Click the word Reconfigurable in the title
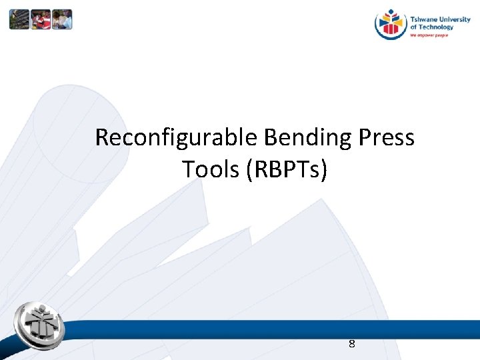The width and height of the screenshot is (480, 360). pyautogui.click(x=177, y=138)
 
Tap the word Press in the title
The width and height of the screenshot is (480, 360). pyautogui.click(x=386, y=138)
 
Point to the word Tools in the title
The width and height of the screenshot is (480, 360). pyautogui.click(x=211, y=169)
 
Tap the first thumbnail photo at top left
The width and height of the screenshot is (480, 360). pyautogui.click(x=19, y=19)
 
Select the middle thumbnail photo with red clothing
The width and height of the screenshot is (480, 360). pyautogui.click(x=41, y=19)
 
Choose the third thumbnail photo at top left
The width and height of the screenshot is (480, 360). pyautogui.click(x=62, y=19)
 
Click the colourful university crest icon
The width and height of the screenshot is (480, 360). pyautogui.click(x=391, y=25)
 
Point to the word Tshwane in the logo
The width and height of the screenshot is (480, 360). pyautogui.click(x=424, y=20)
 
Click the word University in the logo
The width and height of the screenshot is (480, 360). pyautogui.click(x=454, y=20)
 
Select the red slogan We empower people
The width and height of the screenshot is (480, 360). pyautogui.click(x=429, y=35)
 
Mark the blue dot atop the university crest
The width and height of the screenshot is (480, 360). pyautogui.click(x=391, y=12)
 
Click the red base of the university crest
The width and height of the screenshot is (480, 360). pyautogui.click(x=391, y=35)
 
